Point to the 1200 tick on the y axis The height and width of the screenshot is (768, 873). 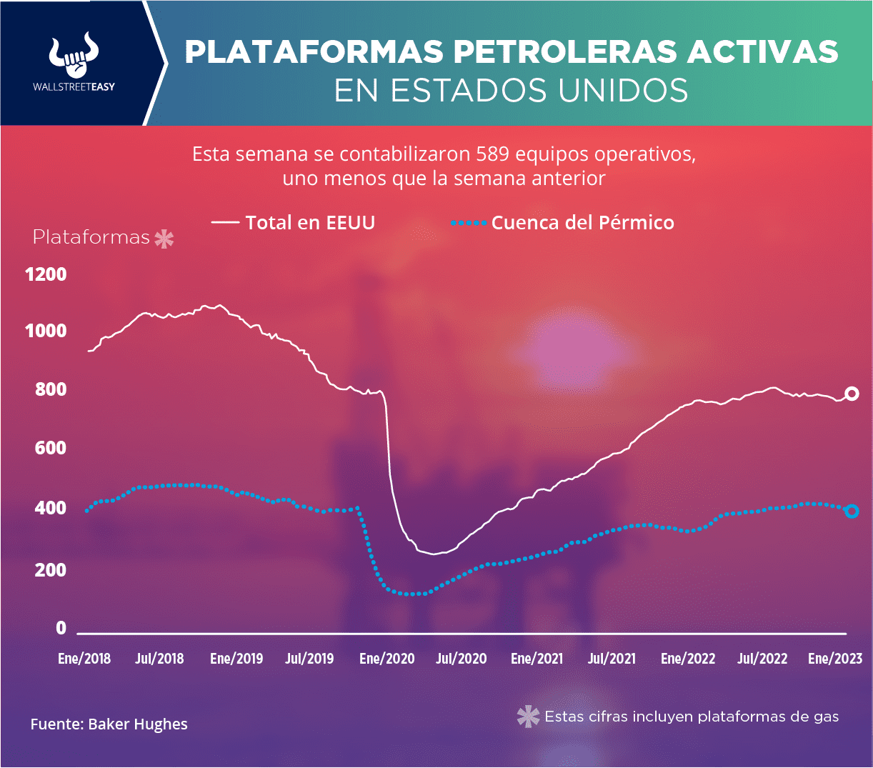coord(46,274)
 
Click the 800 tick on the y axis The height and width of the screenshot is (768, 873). coord(51,389)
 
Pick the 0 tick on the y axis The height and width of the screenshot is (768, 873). coord(61,628)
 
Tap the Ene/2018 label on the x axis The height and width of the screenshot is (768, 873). coord(84,659)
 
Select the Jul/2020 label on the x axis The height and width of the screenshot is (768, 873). coord(462,659)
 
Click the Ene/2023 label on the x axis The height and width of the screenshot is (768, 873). coord(835,659)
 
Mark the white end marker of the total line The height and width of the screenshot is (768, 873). coord(852,394)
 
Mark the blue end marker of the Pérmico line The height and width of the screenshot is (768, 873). coord(852,511)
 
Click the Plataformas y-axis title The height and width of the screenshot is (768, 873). coord(91,238)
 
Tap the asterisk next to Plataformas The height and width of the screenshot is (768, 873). coord(164,239)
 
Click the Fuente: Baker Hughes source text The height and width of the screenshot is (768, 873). coord(109,724)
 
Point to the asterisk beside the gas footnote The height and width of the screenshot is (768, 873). coord(529,717)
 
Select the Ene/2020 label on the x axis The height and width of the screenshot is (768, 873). coord(386,659)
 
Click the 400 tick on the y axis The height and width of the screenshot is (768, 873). coord(51,509)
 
